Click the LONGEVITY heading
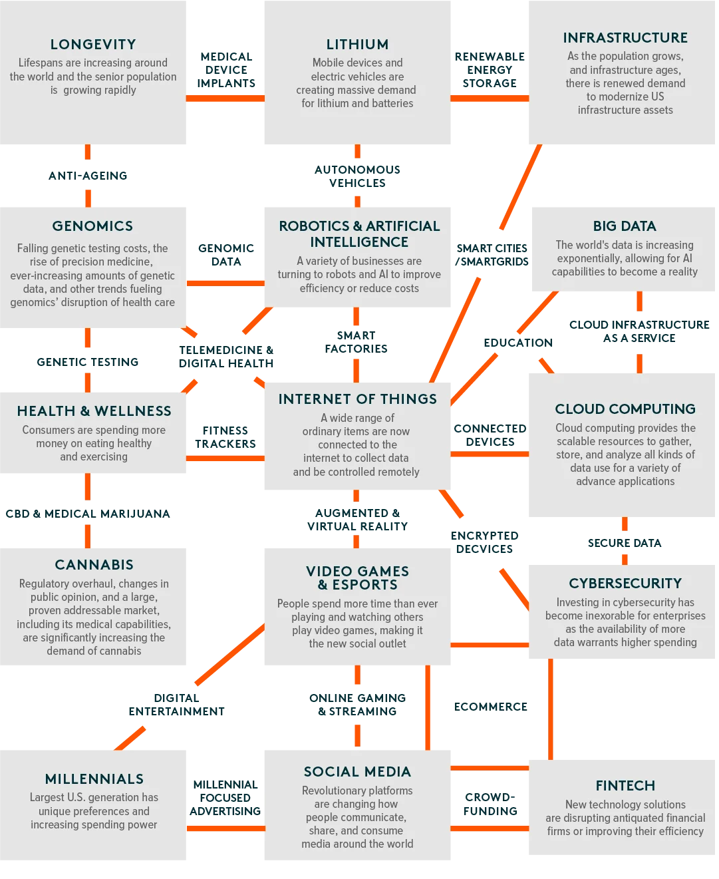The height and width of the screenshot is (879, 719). tap(93, 44)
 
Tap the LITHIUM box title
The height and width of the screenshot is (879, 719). tap(357, 44)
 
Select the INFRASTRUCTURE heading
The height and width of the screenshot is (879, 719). tap(625, 37)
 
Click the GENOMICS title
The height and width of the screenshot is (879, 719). tap(92, 226)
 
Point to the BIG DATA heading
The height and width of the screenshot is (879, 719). tap(625, 226)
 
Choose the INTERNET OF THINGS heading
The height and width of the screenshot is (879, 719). tap(358, 399)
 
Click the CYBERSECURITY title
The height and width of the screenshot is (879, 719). tap(625, 583)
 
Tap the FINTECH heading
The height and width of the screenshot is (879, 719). tap(625, 786)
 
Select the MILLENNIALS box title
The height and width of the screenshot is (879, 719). tap(94, 779)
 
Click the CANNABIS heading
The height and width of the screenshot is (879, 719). tap(94, 565)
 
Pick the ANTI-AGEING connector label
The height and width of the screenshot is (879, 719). tap(88, 176)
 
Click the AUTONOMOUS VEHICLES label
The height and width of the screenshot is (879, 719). tap(357, 176)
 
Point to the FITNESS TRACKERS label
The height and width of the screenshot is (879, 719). tap(225, 437)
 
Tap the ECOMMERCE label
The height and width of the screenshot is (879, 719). tap(491, 707)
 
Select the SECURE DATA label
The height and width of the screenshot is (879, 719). tap(625, 543)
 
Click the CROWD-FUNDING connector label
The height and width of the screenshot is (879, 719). tap(490, 804)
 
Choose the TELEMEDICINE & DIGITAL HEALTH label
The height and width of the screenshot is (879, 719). tap(226, 357)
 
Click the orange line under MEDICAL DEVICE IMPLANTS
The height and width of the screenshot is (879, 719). tap(225, 98)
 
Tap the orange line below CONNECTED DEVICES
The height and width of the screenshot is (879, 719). tap(490, 454)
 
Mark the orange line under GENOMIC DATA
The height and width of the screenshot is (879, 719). tap(225, 283)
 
